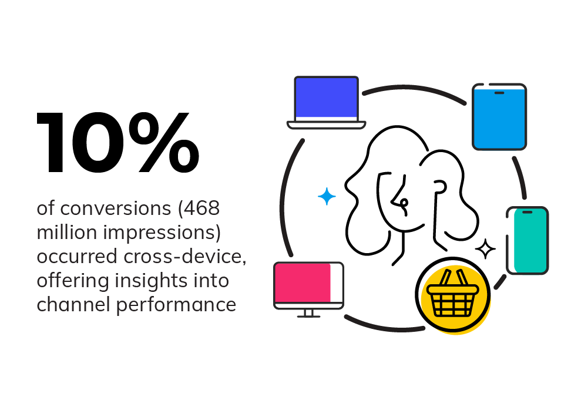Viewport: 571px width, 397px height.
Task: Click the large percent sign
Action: [164, 143]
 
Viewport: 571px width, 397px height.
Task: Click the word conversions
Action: [116, 208]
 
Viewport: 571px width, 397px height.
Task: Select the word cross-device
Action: [185, 257]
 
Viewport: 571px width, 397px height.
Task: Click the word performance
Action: [176, 305]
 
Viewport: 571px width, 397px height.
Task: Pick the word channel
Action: [73, 304]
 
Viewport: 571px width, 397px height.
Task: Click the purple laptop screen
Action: [326, 97]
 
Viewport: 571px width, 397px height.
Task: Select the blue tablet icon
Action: [499, 117]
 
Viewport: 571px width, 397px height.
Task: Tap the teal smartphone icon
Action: [528, 240]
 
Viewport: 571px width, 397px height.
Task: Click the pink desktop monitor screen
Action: [303, 282]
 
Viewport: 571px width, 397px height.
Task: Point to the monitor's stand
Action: [309, 313]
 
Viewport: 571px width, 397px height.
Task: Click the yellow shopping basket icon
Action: [453, 294]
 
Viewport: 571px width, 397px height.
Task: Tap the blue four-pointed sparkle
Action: [327, 197]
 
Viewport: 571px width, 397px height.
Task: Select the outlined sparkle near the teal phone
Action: [485, 249]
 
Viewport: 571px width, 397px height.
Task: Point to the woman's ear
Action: [440, 188]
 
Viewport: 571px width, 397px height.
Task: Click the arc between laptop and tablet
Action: [414, 89]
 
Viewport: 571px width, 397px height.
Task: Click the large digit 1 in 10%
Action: [51, 143]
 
